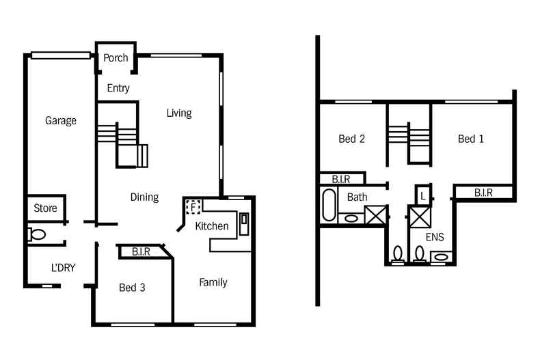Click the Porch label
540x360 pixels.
[x=116, y=58]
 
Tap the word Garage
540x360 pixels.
[x=61, y=121]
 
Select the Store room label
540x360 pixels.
[x=46, y=208]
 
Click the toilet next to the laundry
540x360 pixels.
[x=37, y=234]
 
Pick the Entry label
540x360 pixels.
[x=118, y=88]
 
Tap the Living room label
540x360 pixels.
[x=179, y=113]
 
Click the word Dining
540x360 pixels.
[x=144, y=197]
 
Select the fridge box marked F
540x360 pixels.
[x=193, y=206]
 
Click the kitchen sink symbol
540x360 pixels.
[x=245, y=222]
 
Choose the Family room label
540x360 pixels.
[x=213, y=282]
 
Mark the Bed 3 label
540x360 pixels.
[x=132, y=288]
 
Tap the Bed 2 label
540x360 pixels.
[x=351, y=139]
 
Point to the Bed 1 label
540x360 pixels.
[x=471, y=139]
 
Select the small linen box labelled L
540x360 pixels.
[x=423, y=195]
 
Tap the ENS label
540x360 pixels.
[x=435, y=238]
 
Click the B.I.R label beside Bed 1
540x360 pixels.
[x=483, y=193]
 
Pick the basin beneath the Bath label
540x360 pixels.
[x=351, y=219]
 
